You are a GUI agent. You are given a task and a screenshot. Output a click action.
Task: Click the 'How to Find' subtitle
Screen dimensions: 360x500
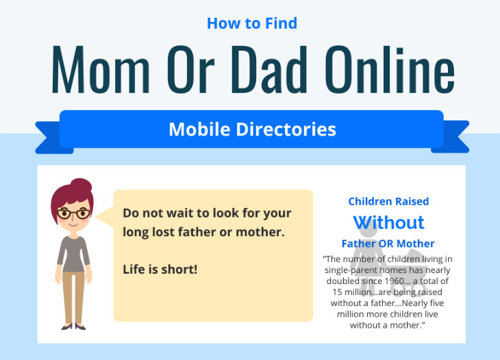coord(252,23)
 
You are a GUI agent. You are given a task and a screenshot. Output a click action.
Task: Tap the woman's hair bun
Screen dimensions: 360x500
coord(80,186)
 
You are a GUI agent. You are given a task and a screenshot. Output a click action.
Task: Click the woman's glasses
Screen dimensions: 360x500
coord(73,214)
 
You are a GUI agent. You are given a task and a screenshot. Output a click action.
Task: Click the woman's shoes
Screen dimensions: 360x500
coord(73,327)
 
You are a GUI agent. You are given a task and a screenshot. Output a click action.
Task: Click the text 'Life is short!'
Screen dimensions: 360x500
coord(160,269)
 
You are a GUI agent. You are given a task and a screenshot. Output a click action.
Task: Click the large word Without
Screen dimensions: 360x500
coord(388,222)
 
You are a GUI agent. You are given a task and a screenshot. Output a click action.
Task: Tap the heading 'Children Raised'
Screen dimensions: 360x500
coord(388,201)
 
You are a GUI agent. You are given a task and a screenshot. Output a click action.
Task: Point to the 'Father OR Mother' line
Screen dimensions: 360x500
coord(388,244)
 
